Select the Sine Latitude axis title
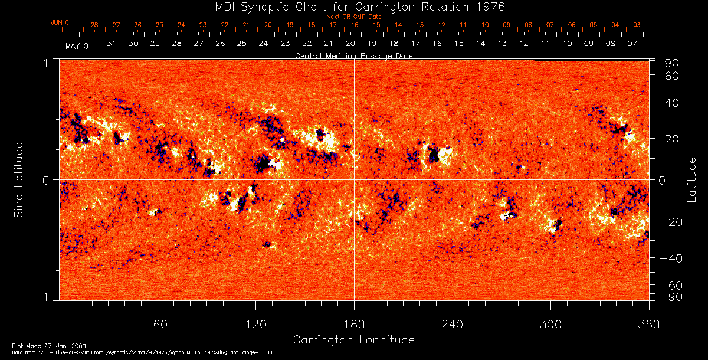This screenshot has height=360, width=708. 19,178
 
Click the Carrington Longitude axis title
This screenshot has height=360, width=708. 353,340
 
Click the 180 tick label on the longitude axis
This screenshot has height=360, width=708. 354,324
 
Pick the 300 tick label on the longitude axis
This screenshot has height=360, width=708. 550,324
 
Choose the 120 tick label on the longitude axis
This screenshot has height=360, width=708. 256,324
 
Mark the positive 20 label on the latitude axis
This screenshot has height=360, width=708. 673,139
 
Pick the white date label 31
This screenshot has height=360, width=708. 111,44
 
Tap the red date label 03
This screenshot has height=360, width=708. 637,25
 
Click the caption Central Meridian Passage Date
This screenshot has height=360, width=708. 353,55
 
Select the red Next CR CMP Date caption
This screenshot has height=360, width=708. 353,17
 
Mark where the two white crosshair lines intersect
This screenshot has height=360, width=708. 354,179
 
